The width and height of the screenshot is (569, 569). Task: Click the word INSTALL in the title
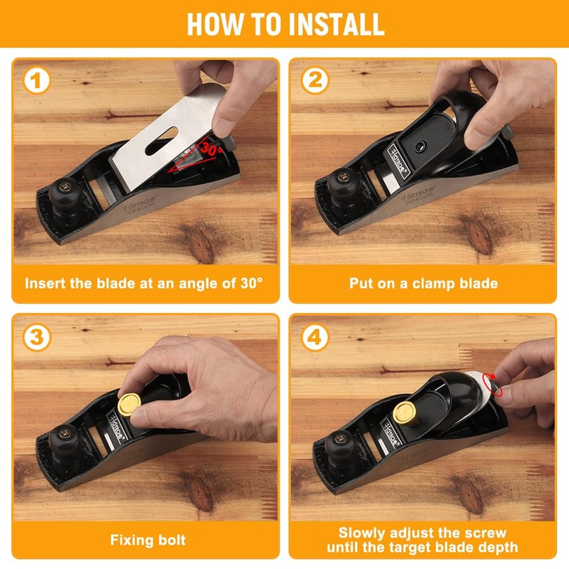(x=336, y=24)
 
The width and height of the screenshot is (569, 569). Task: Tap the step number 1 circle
(x=37, y=80)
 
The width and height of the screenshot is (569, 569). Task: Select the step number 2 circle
(x=314, y=80)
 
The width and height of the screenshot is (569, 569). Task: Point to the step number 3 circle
(x=37, y=337)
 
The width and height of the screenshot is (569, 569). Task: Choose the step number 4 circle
(x=314, y=337)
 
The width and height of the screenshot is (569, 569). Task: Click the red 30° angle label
(x=211, y=148)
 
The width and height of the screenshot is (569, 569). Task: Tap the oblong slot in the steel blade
(x=161, y=141)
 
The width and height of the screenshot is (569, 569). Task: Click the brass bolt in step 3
(x=129, y=405)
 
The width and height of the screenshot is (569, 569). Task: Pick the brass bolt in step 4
(x=405, y=413)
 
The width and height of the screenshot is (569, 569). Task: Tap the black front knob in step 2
(x=344, y=184)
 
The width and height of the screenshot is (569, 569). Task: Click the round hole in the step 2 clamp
(x=420, y=147)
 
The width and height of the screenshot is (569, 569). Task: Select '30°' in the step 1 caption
(x=252, y=282)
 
